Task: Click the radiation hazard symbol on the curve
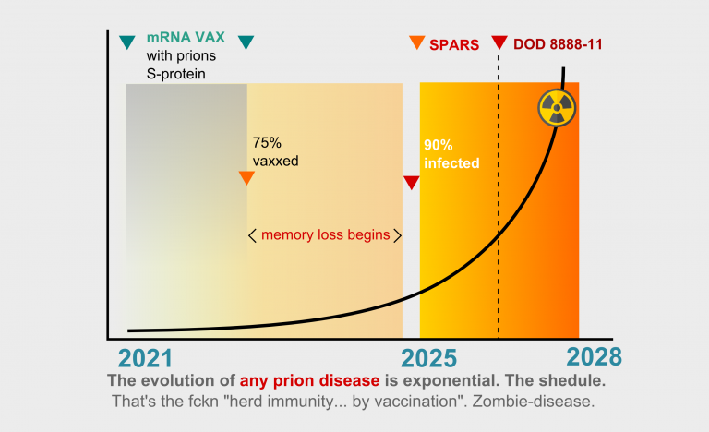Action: point(557,110)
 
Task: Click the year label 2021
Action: point(146,357)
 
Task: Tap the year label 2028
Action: point(595,357)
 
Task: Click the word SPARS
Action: point(453,43)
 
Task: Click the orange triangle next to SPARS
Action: point(417,42)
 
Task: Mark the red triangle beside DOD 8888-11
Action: point(499,42)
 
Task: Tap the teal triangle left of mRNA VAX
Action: point(126,42)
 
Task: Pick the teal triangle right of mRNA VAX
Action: point(246,42)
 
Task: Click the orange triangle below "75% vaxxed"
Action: point(246,178)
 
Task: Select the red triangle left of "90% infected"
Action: point(412,183)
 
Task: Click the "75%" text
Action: point(268,143)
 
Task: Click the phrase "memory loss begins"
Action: point(325,234)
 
